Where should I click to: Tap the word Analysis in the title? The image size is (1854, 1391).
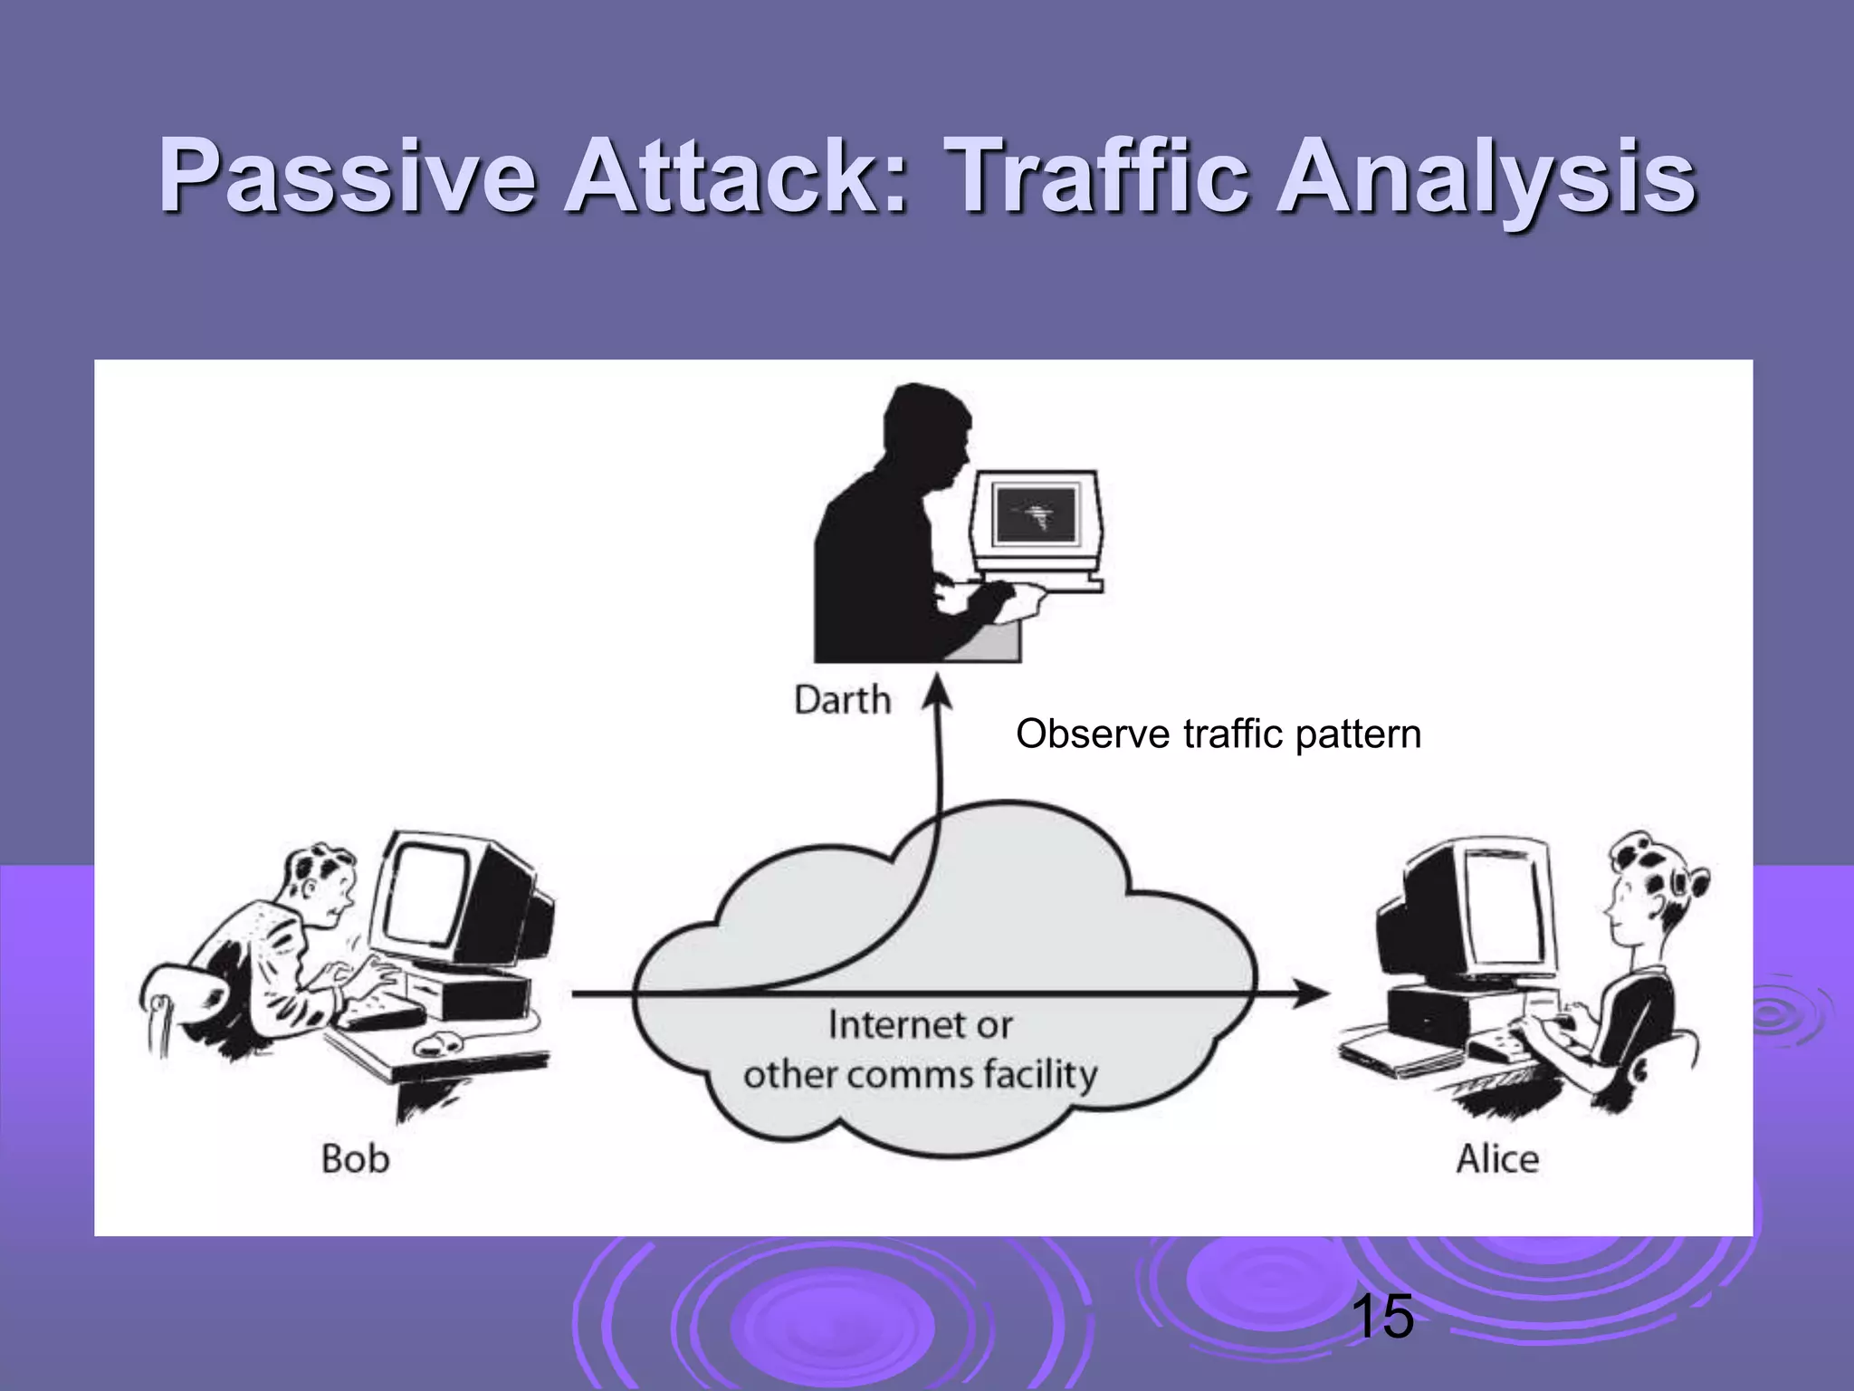click(1485, 178)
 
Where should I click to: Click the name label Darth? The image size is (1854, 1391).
click(842, 700)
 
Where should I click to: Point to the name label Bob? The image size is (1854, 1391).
click(355, 1158)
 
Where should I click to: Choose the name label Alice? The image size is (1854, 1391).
click(1497, 1158)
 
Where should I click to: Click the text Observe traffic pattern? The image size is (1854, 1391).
click(1218, 734)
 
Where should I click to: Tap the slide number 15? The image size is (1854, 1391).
click(1381, 1317)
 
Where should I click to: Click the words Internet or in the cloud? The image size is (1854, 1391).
click(920, 1025)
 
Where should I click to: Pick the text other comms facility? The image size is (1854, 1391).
click(920, 1075)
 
